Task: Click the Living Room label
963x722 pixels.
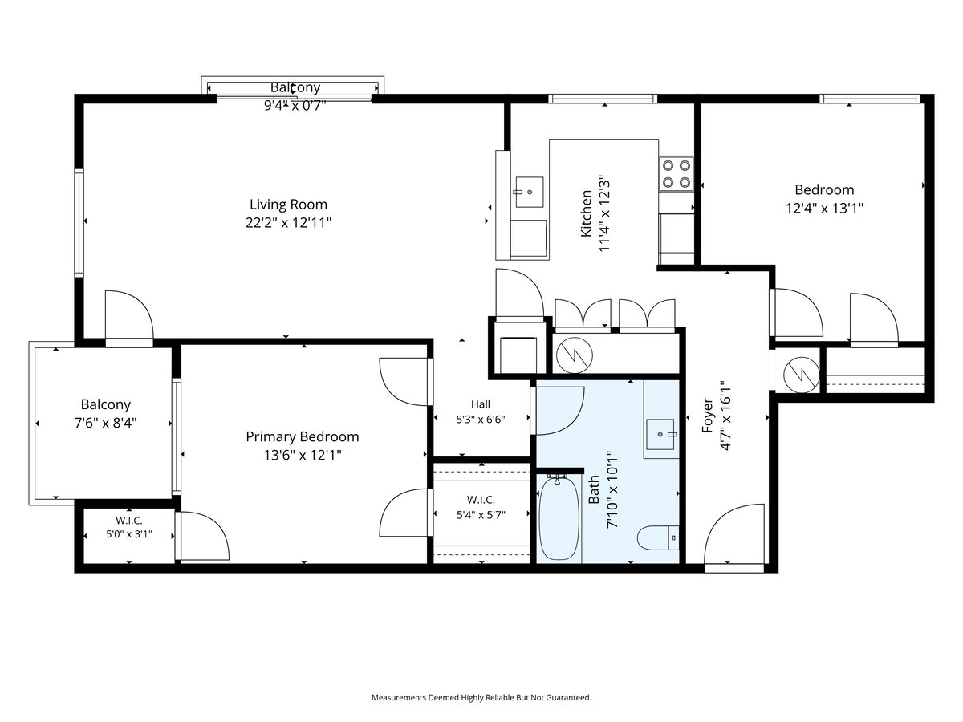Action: pos(288,205)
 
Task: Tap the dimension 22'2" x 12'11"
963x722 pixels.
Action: pos(288,223)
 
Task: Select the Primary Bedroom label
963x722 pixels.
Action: pos(303,436)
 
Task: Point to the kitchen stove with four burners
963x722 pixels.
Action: pos(676,173)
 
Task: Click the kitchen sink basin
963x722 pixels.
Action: pos(530,192)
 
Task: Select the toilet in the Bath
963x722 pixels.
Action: pos(658,537)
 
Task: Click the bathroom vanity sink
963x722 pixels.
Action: pos(660,434)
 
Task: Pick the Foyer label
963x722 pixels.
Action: pos(707,415)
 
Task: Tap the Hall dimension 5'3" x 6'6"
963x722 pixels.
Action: pos(481,420)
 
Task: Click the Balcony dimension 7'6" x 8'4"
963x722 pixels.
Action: pos(106,423)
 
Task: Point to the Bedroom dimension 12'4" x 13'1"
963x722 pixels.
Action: pos(824,208)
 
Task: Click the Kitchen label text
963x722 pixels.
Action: pos(586,213)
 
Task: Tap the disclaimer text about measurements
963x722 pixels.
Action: pos(481,697)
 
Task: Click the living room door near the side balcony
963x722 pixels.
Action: pos(129,314)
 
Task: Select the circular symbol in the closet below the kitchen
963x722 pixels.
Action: pos(575,355)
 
